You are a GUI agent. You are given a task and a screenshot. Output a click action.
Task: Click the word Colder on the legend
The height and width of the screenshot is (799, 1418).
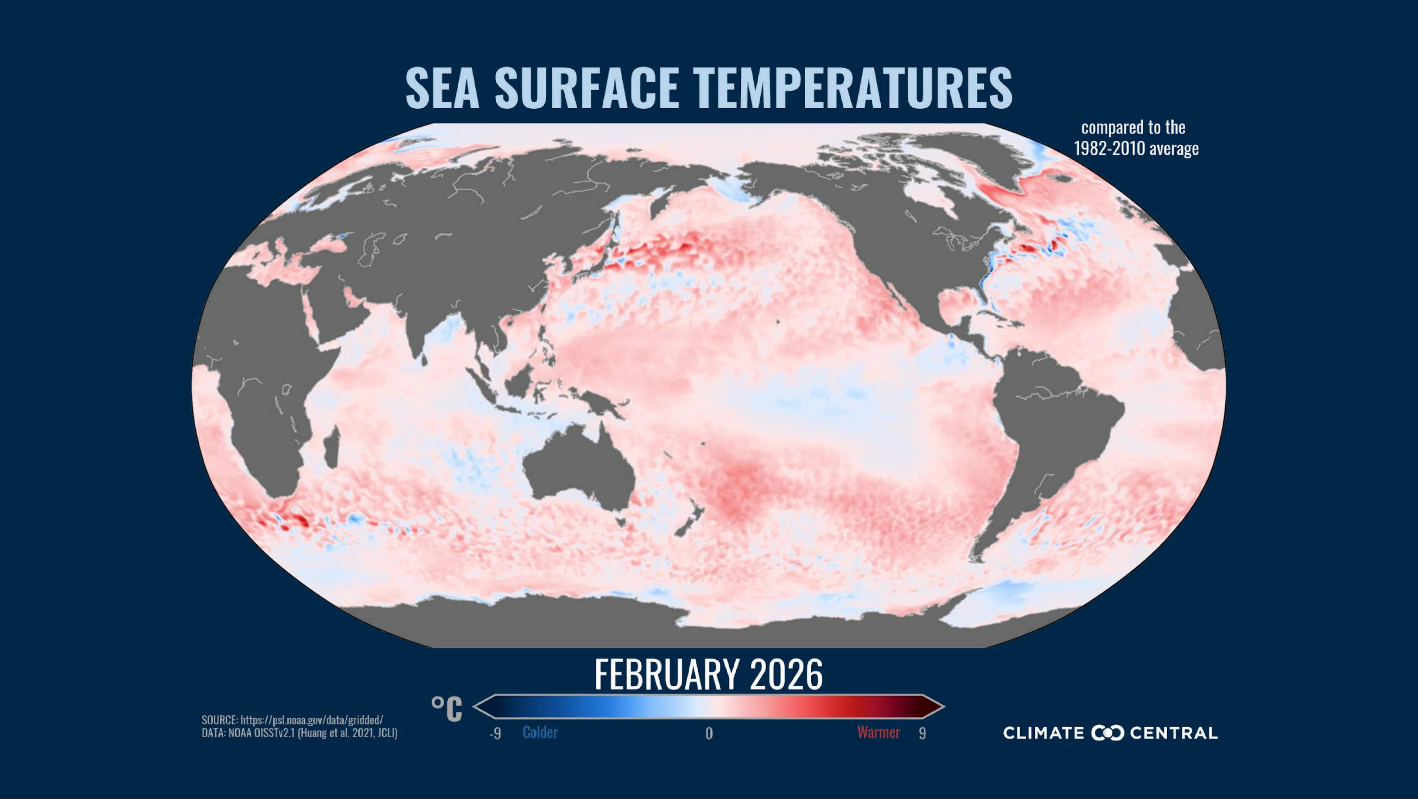tap(540, 733)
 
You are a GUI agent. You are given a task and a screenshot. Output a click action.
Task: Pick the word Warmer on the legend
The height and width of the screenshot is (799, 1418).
tap(878, 733)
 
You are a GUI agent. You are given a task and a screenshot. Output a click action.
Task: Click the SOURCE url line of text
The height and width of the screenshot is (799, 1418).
tap(292, 720)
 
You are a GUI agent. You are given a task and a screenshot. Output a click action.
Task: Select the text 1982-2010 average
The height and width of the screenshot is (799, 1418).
tap(1136, 148)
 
